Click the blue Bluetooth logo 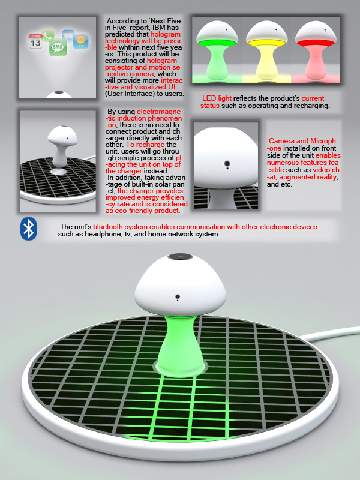pos(29,229)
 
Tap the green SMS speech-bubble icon pos(58,47)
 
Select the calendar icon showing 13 pos(35,41)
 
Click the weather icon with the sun pos(81,41)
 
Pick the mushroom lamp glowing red pos(316,50)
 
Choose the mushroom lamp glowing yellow pos(266,50)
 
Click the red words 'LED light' pos(217,98)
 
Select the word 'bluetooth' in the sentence pos(108,227)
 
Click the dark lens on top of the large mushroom pos(180,257)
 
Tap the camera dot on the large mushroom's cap pos(177,296)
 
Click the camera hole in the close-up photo pos(227,163)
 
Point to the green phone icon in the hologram pos(48,35)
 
